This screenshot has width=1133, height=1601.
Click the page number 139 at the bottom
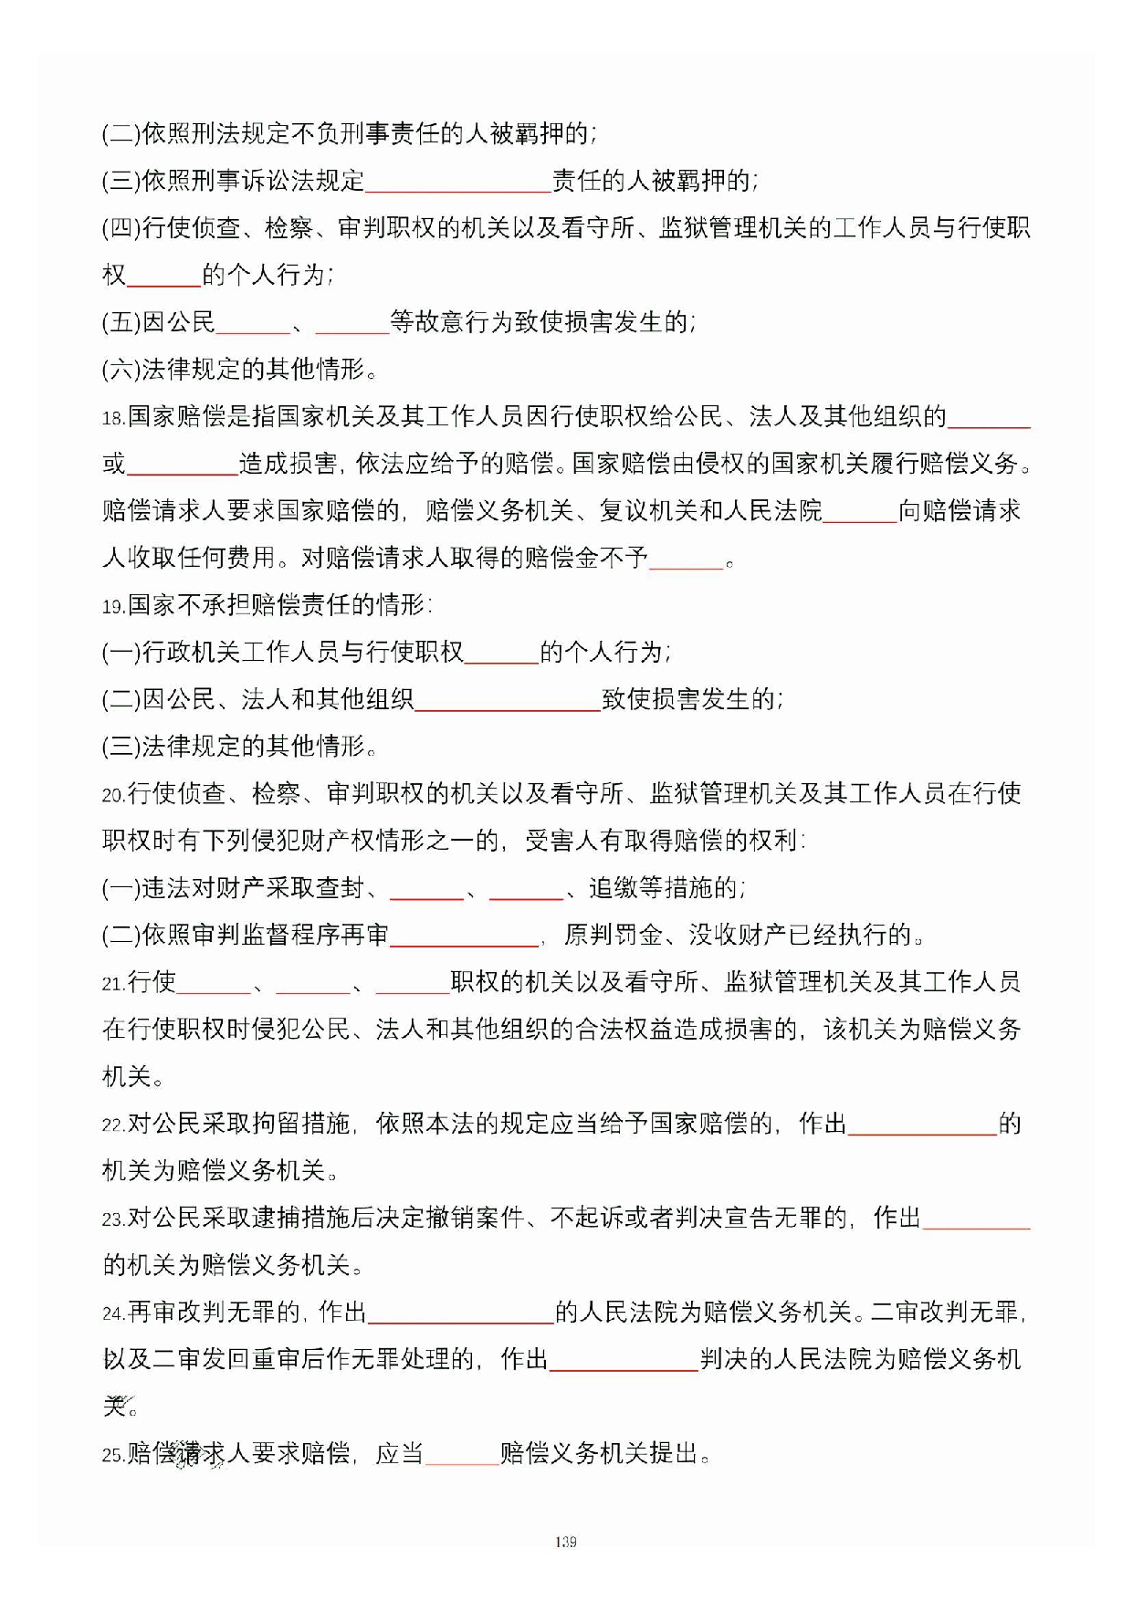tap(565, 1542)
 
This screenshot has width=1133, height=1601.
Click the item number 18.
tap(112, 419)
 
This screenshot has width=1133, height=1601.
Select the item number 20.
tap(113, 796)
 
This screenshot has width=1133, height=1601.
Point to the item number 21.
tap(113, 984)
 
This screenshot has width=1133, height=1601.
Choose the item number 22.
tap(113, 1125)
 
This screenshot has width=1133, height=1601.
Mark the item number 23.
tap(113, 1219)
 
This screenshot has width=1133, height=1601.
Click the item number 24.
tap(113, 1314)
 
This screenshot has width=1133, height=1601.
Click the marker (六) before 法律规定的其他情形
tap(121, 370)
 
